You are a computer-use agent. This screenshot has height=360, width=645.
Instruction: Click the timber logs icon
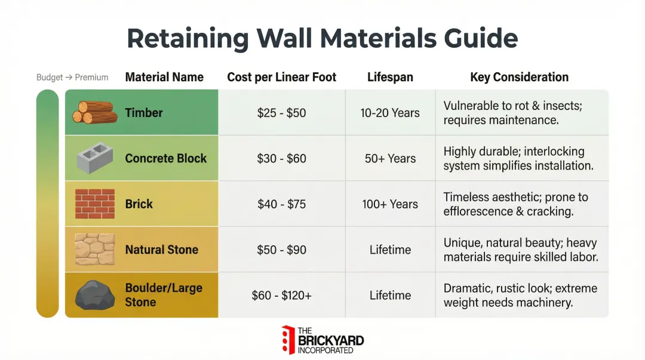[94, 112]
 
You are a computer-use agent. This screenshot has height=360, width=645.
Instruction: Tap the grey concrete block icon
[95, 158]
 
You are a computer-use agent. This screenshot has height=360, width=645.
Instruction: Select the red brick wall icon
[94, 204]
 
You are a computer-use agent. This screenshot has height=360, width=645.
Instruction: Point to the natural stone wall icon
[94, 250]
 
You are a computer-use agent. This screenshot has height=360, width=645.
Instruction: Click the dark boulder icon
[94, 295]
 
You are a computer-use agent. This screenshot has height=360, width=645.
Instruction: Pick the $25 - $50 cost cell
[281, 113]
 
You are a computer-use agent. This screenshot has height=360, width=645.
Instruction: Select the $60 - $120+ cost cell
[281, 296]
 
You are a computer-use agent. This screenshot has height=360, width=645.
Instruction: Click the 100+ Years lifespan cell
[390, 204]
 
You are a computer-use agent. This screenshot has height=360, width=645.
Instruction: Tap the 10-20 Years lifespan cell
[390, 113]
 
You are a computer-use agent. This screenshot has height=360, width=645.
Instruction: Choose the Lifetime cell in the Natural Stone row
[390, 250]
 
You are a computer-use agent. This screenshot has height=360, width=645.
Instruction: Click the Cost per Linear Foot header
[281, 77]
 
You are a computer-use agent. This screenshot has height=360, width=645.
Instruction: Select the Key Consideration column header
[519, 77]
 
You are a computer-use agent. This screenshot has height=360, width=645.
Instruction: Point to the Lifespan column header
[390, 77]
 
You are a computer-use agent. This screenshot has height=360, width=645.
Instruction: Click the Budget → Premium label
[72, 78]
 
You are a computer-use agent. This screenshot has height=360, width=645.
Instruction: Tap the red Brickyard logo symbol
[288, 340]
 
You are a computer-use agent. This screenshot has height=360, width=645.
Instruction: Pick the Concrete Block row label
[165, 158]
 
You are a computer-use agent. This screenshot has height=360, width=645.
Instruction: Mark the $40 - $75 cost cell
[281, 204]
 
